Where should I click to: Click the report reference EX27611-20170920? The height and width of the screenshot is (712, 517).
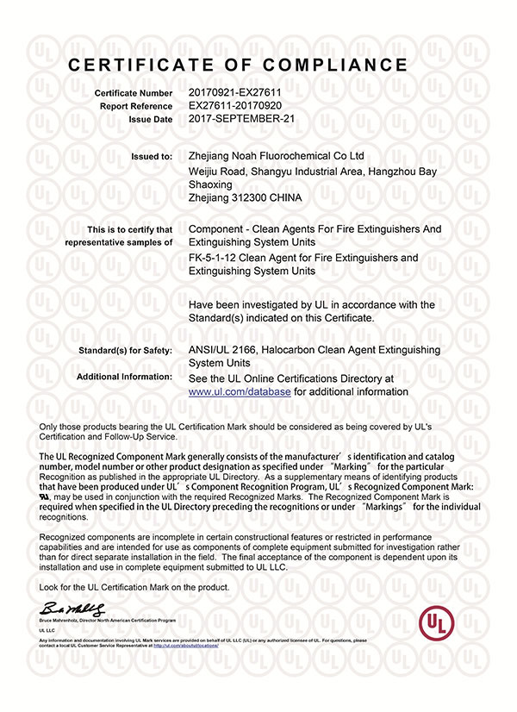235,104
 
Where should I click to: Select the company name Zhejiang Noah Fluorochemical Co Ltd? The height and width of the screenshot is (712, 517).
276,156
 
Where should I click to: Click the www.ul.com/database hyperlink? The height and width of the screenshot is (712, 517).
240,391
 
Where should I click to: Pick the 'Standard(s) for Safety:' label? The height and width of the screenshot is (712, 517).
125,351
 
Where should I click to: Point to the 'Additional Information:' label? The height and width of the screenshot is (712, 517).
124,378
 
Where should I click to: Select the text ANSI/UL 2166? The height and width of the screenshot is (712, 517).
225,350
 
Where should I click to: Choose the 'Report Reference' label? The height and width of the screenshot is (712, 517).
136,105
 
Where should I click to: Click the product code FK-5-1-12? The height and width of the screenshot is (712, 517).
212,258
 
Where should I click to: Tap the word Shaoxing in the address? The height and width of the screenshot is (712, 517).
210,184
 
